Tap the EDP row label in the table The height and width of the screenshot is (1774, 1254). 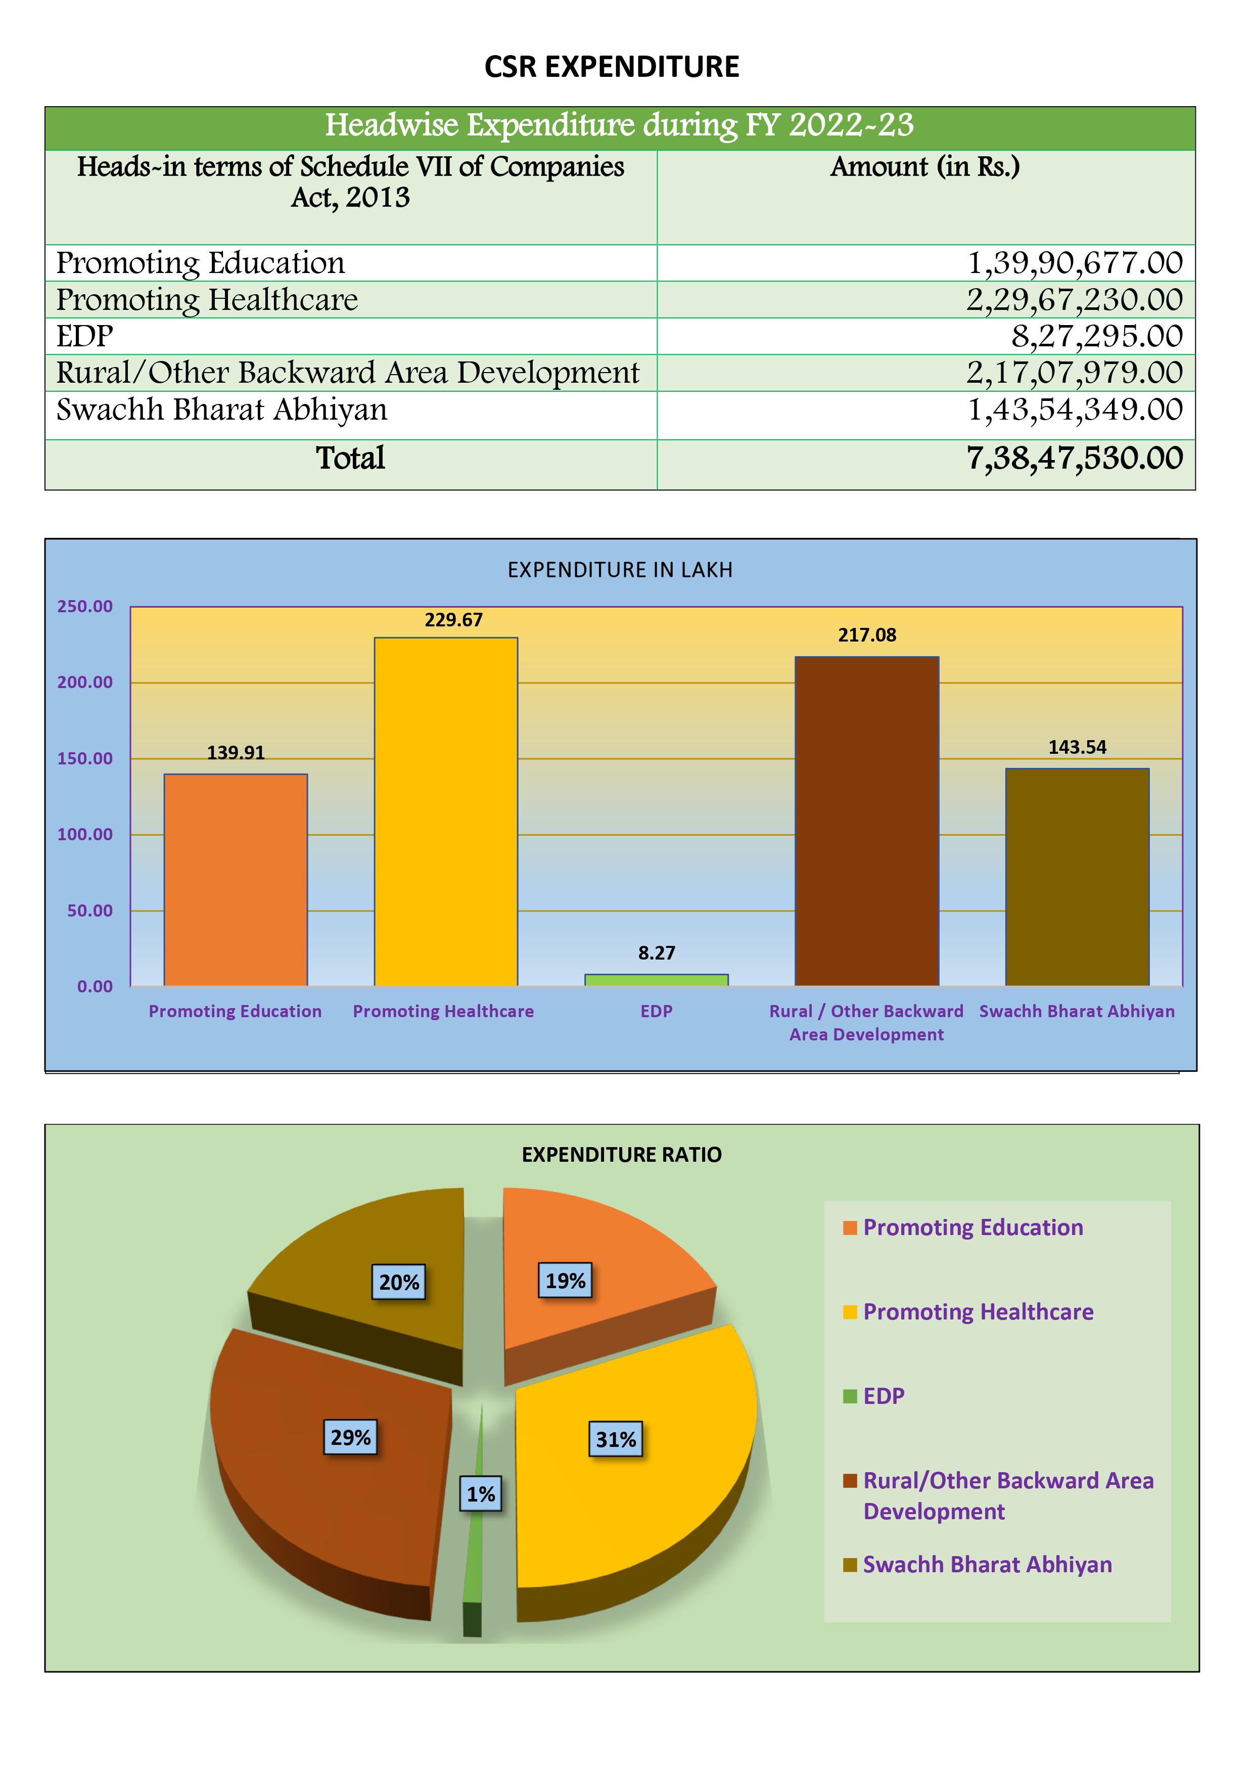pos(85,336)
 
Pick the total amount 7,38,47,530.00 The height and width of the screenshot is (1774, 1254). pos(1074,458)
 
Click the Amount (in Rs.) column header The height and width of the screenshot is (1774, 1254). pos(925,167)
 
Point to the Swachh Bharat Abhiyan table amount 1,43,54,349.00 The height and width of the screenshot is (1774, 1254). pos(1074,410)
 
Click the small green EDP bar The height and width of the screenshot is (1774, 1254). pos(656,980)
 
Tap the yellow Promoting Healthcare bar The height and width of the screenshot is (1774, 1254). pos(446,811)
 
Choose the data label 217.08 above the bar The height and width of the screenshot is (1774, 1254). pos(867,635)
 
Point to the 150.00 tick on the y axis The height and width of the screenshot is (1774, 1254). pos(85,759)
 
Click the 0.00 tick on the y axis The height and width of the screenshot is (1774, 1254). pos(95,987)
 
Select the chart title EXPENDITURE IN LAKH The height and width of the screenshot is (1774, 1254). pos(620,570)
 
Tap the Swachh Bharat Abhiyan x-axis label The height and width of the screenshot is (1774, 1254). pos(1076,1012)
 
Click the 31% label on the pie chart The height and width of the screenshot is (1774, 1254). pos(616,1439)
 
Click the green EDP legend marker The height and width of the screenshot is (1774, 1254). pos(850,1396)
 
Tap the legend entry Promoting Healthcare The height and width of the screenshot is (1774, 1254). pos(978,1312)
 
